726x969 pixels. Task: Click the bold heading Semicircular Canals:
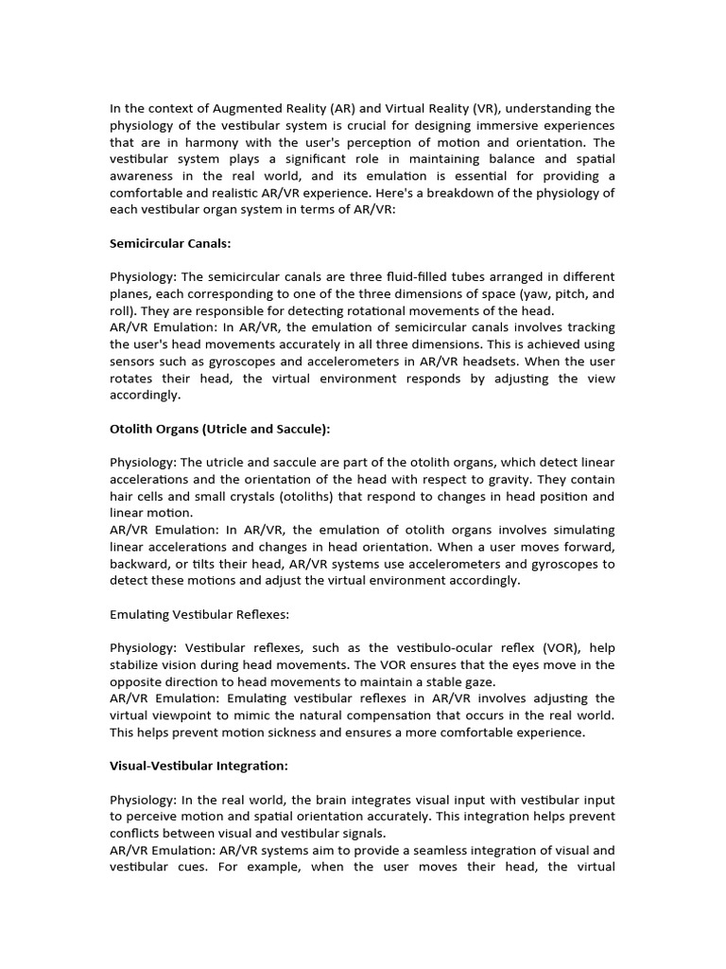point(171,243)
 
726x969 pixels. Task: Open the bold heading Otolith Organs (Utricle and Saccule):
point(220,429)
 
